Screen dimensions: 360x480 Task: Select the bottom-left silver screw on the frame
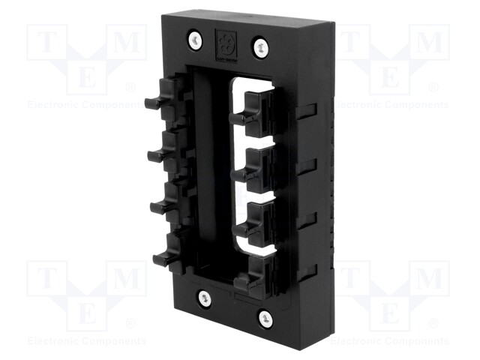204,298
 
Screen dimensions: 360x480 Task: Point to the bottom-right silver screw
265,317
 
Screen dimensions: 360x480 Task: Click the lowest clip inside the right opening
251,280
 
